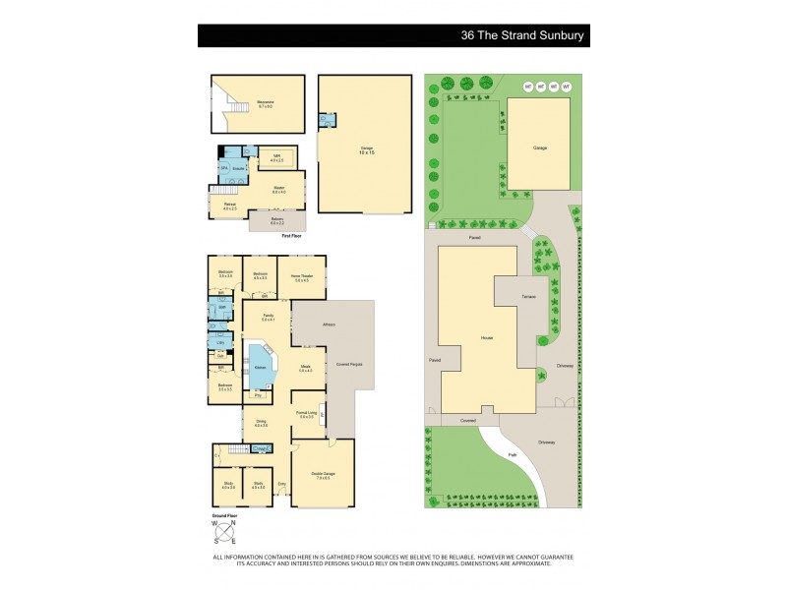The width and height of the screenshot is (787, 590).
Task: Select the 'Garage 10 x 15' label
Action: [366, 151]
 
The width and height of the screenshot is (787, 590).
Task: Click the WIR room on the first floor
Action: [276, 159]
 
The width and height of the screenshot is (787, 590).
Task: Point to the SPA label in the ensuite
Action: [225, 168]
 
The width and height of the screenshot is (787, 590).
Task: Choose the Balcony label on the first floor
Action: [276, 219]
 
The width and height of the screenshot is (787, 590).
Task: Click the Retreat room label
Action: [229, 206]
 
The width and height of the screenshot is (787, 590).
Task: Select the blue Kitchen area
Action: [262, 366]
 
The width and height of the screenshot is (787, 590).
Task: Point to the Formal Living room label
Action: [306, 414]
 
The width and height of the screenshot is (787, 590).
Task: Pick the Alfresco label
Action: [330, 324]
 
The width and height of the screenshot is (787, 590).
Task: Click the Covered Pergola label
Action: [350, 364]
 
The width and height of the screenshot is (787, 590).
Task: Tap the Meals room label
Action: [305, 370]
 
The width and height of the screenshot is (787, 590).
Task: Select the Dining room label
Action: [262, 425]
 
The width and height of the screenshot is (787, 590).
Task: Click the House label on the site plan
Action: [485, 337]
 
